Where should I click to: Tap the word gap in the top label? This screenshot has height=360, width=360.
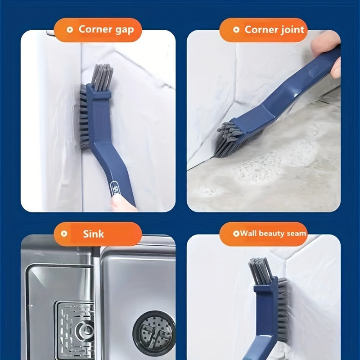(x=125, y=31)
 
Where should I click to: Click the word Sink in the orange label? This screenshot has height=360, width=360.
(x=93, y=234)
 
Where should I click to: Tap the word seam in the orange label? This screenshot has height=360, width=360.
(x=298, y=234)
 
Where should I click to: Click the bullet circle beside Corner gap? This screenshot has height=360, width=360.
(x=70, y=29)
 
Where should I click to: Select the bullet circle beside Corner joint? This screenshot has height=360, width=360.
(x=236, y=29)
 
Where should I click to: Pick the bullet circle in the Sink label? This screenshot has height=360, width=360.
(x=64, y=234)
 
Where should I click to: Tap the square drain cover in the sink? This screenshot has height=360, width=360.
(x=75, y=331)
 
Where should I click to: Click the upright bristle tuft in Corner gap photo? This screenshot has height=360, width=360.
(x=102, y=77)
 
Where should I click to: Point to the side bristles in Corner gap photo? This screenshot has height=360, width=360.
(x=84, y=117)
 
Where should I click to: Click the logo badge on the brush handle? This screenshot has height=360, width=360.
(x=115, y=189)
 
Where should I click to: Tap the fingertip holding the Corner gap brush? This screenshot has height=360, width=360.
(x=122, y=204)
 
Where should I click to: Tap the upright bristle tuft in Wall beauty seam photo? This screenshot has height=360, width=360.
(x=261, y=271)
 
